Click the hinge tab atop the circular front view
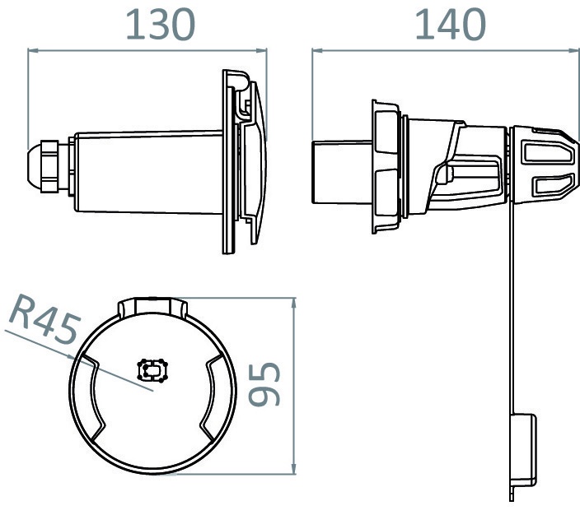click(x=152, y=308)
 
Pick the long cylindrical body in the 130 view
click(x=148, y=173)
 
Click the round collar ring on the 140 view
click(x=386, y=169)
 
